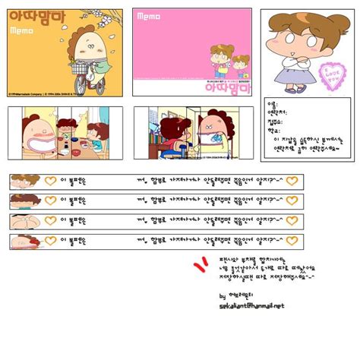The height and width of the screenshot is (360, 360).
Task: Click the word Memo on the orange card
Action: [21, 31]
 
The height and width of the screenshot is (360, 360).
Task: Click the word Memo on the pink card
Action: [148, 17]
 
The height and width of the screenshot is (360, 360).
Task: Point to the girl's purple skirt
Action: [289, 74]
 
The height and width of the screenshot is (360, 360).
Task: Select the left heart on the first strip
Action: [51, 181]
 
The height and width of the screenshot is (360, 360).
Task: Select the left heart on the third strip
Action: [51, 221]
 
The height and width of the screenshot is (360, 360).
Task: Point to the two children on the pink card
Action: [231, 60]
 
